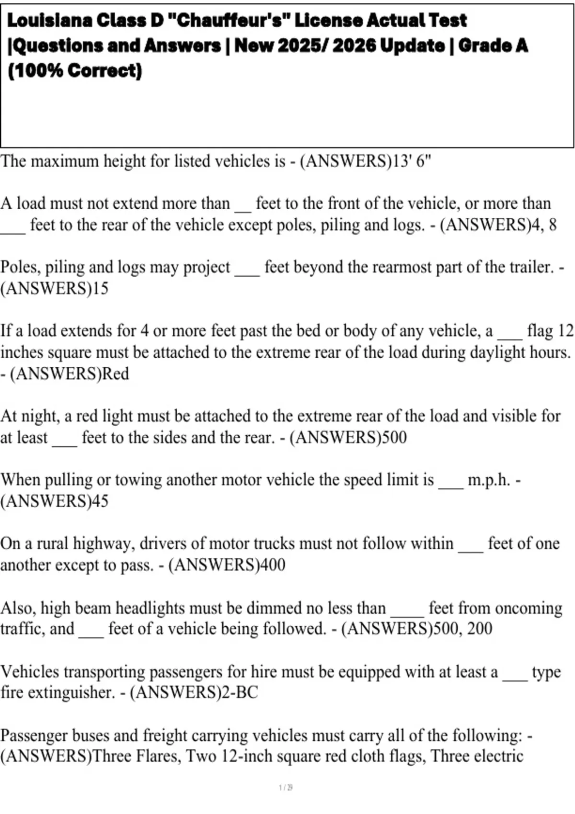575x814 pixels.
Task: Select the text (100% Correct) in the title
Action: point(75,70)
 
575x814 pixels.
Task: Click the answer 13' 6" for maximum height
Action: point(412,161)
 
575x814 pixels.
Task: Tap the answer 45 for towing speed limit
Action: point(100,501)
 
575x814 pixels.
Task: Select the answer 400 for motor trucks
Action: point(272,565)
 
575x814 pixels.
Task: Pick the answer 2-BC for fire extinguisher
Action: point(240,692)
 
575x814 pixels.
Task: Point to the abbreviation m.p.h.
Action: point(489,480)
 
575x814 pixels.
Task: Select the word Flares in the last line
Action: point(158,757)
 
